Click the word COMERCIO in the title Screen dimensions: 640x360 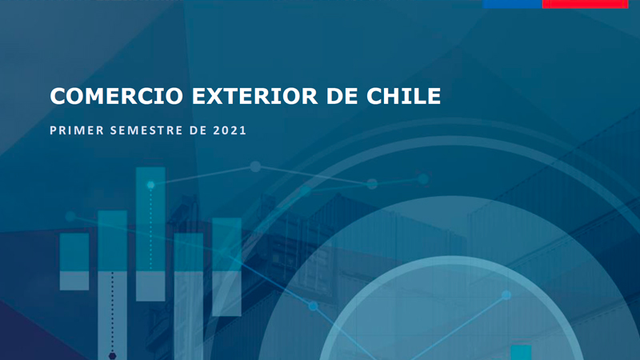coord(116,96)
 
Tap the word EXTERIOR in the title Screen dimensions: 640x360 coord(254,96)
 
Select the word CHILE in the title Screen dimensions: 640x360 coord(403,96)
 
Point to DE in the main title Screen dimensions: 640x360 coord(342,96)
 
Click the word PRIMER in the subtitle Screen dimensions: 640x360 coord(77,130)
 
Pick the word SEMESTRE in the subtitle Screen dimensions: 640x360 coord(146,130)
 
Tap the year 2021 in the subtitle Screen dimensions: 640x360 coord(230,130)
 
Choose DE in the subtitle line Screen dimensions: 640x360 coord(198,130)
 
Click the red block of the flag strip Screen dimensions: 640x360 coord(585,4)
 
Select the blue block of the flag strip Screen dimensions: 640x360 coord(512,4)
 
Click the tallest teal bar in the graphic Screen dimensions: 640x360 coord(150,234)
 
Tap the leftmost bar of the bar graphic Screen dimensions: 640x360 coord(74,262)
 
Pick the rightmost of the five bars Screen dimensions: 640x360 coord(226,267)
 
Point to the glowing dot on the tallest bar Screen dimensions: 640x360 coord(150,185)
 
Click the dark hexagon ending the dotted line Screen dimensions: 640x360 coord(113,356)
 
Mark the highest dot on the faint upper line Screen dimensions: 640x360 coord(255,166)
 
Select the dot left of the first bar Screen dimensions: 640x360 coord(70,216)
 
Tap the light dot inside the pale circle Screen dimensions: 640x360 coord(506,294)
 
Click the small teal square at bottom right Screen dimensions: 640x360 coord(522,353)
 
